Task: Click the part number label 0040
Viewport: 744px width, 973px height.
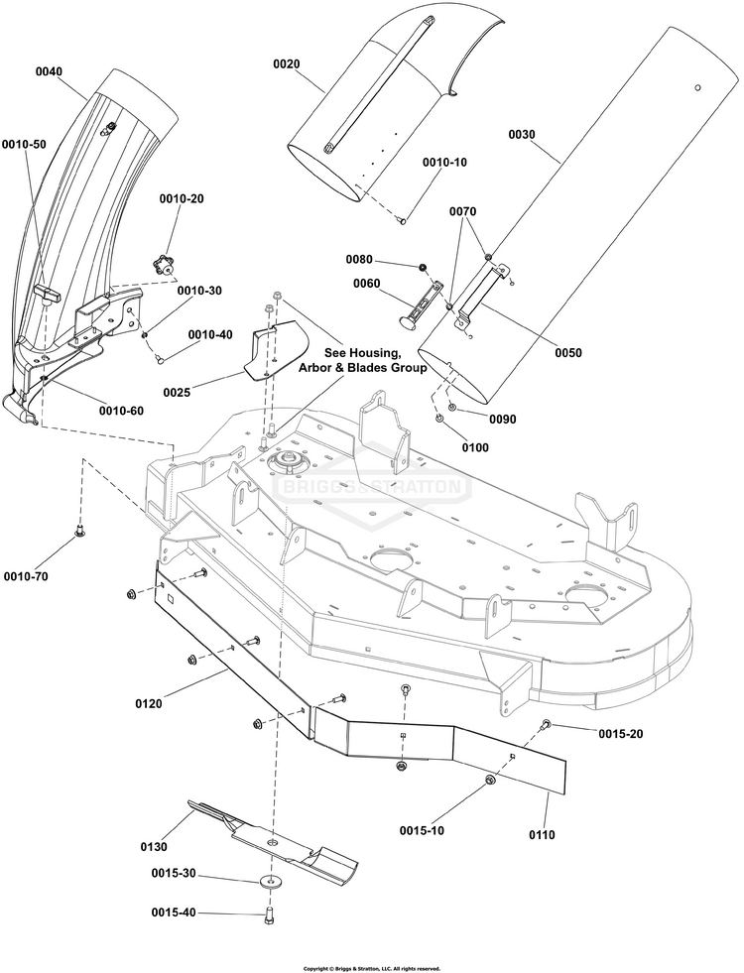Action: point(48,72)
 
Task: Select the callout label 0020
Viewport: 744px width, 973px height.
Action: point(287,63)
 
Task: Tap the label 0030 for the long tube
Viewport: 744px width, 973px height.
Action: point(522,136)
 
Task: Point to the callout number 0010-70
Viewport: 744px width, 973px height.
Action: point(25,576)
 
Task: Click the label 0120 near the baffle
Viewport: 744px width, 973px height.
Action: point(149,704)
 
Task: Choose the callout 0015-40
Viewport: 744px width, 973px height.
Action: point(175,912)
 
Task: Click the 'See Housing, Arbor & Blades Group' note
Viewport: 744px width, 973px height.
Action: point(363,360)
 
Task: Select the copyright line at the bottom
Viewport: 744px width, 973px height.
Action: point(371,968)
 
